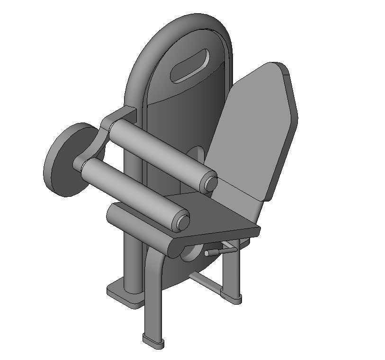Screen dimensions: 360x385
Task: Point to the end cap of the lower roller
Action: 182,220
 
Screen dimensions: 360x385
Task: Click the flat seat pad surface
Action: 213,213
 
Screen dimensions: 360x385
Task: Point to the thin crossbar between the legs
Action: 206,281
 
